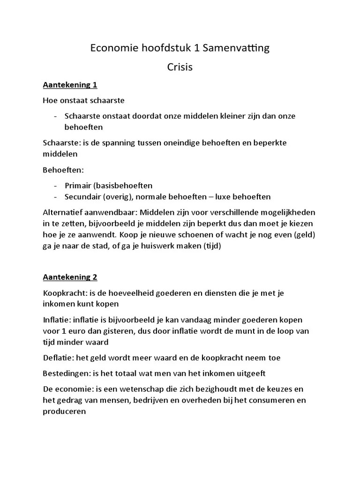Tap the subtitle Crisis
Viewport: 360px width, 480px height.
pyautogui.click(x=180, y=67)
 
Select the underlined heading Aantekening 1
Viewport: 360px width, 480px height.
pyautogui.click(x=70, y=85)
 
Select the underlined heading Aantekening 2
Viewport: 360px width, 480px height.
pyautogui.click(x=70, y=277)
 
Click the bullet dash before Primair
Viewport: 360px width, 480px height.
pyautogui.click(x=56, y=185)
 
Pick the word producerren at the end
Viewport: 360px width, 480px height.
pyautogui.click(x=65, y=412)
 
